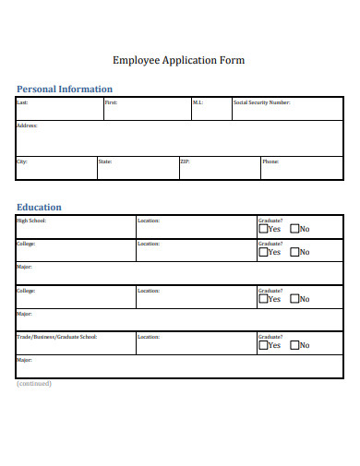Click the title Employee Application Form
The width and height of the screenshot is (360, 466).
pyautogui.click(x=178, y=61)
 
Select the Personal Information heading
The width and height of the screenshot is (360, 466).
pyautogui.click(x=65, y=90)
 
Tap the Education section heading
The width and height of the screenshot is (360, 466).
pyautogui.click(x=40, y=208)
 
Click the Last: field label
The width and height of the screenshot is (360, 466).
pyautogui.click(x=23, y=102)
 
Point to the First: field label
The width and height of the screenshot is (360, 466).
pyautogui.click(x=111, y=102)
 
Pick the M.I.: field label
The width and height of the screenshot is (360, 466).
pyautogui.click(x=198, y=102)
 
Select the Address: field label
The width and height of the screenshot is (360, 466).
pyautogui.click(x=27, y=125)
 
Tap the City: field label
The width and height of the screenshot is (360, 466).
pyautogui.click(x=22, y=161)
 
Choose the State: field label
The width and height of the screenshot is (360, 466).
pyautogui.click(x=105, y=161)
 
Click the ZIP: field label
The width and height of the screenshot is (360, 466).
pyautogui.click(x=186, y=161)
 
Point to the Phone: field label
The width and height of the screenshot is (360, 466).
pyautogui.click(x=270, y=161)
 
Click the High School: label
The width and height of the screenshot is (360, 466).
pyautogui.click(x=31, y=221)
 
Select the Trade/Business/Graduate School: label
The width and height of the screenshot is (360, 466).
pyautogui.click(x=56, y=337)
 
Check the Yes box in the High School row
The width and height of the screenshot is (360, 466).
pyautogui.click(x=263, y=229)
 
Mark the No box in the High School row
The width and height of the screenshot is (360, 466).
pyautogui.click(x=294, y=229)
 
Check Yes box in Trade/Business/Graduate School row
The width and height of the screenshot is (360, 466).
pyautogui.click(x=263, y=345)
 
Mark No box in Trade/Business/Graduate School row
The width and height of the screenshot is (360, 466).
pyautogui.click(x=294, y=345)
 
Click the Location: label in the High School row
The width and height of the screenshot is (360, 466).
pyautogui.click(x=148, y=221)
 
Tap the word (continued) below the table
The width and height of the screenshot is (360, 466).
pyautogui.click(x=34, y=383)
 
